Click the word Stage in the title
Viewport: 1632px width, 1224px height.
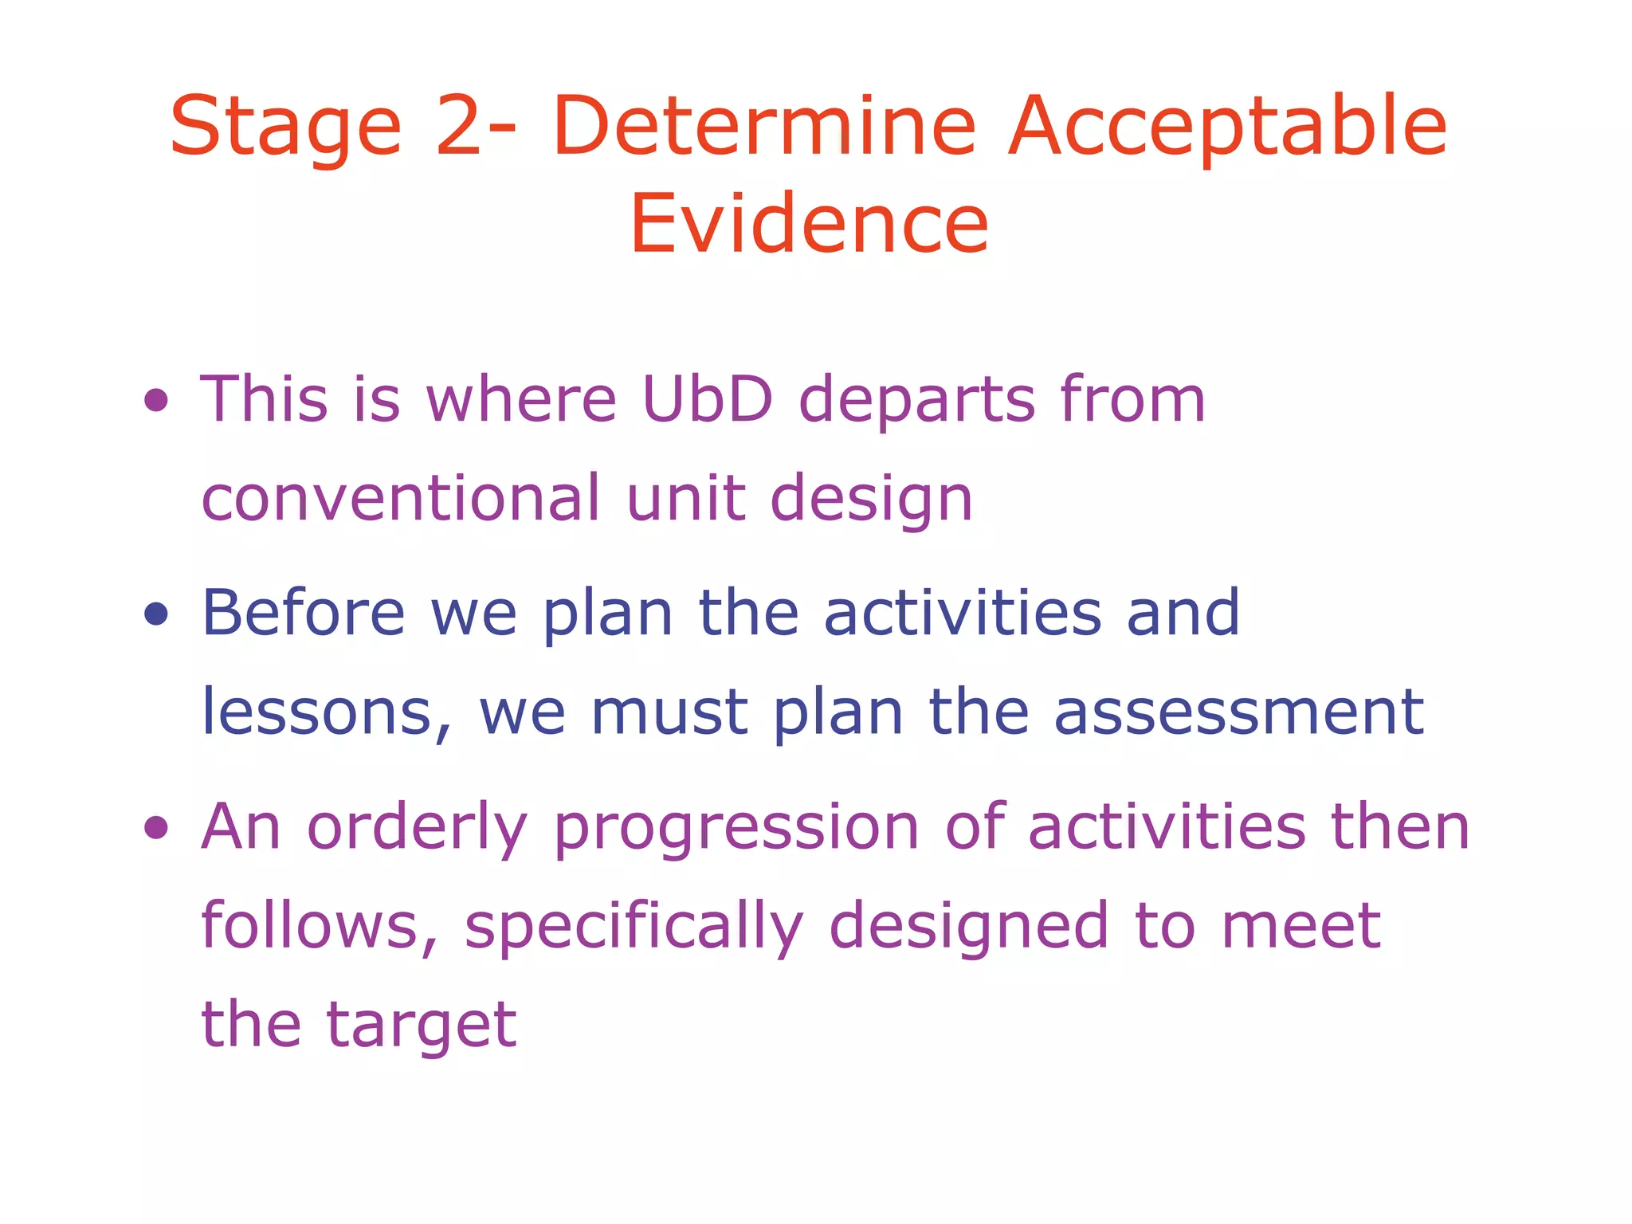(285, 127)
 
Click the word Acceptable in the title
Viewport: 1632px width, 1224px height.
(1227, 127)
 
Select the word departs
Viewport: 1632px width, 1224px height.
(917, 400)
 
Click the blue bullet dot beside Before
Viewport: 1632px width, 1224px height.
(156, 614)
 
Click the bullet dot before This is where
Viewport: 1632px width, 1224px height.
(156, 400)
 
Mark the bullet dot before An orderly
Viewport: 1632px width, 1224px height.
(156, 827)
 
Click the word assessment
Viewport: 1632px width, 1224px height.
(1239, 712)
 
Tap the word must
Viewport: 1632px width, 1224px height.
(669, 712)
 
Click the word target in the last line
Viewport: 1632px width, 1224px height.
(422, 1025)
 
